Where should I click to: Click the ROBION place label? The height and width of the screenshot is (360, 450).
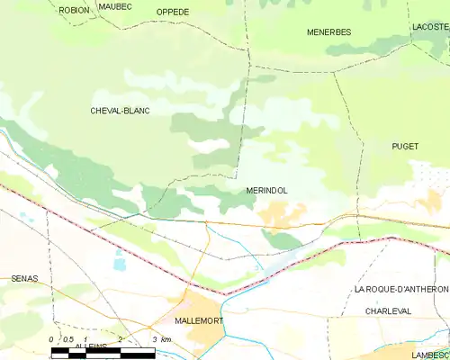75,10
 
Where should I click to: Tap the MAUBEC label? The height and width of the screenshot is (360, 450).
115,6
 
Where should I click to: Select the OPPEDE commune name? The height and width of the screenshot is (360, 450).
173,12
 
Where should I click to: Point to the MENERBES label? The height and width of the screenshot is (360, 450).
328,31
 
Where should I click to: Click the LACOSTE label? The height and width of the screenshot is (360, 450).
429,28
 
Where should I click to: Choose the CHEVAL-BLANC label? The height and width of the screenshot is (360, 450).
120,111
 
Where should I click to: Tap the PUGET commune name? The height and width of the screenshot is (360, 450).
405,146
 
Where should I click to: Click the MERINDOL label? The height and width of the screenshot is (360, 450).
266,192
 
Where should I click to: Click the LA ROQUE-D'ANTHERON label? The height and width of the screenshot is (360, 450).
400,289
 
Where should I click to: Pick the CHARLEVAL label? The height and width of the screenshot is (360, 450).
389,310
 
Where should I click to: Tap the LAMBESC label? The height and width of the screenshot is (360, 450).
430,355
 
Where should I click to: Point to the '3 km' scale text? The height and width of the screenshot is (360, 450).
161,338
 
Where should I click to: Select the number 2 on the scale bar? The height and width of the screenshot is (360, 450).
119,338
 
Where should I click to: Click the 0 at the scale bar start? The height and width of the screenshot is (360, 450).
51,338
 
